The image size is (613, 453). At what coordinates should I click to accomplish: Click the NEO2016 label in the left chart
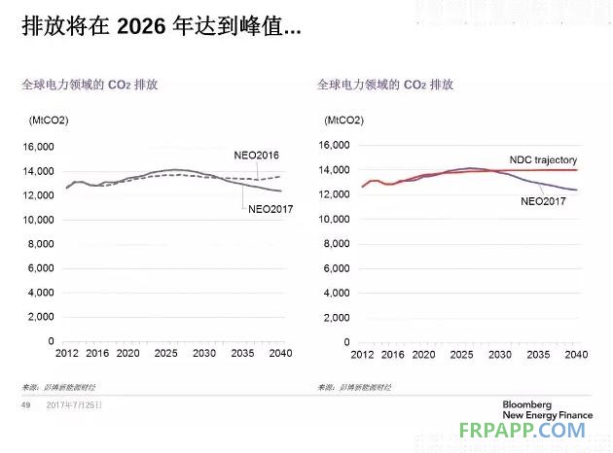point(257,156)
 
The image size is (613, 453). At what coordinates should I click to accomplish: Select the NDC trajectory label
point(543,159)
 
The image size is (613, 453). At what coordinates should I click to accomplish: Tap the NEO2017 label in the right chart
point(542,201)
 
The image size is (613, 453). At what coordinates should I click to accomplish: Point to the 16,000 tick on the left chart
point(38,147)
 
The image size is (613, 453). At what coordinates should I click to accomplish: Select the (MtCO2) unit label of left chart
point(42,121)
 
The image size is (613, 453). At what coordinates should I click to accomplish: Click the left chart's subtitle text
point(90,85)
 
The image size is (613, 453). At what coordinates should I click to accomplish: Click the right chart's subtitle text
point(385,85)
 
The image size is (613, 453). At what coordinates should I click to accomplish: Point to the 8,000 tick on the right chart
point(334,243)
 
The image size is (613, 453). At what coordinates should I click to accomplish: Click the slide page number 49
point(26,406)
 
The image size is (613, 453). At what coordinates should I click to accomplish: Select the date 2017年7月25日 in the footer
point(74,406)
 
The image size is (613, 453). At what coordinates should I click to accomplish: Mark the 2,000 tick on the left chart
point(41,317)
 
